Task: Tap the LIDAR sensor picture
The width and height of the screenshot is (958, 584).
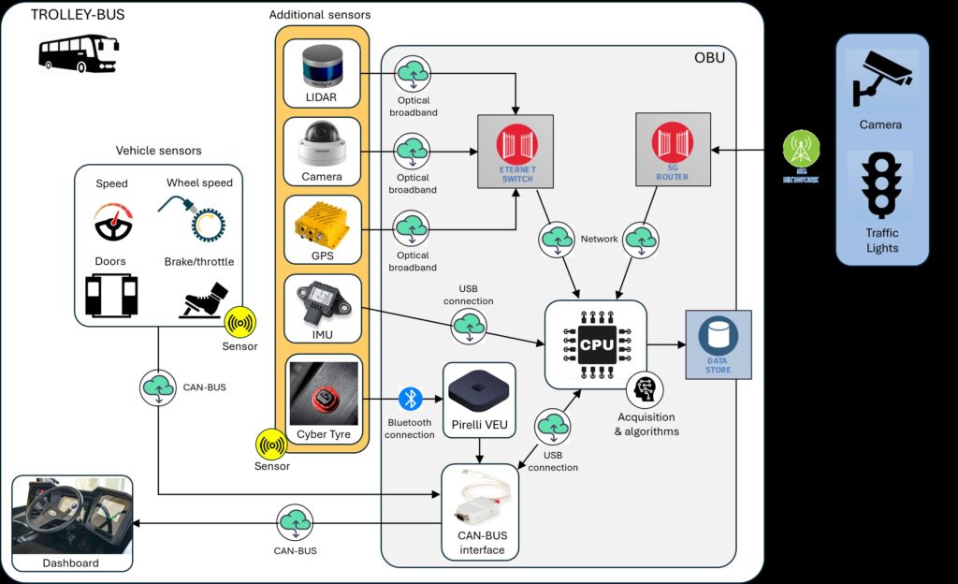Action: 323,66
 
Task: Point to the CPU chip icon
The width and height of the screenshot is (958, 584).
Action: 596,343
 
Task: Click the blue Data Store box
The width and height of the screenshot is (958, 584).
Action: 718,342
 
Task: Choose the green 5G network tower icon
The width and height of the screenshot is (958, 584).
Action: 802,148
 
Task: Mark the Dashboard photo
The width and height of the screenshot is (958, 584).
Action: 71,516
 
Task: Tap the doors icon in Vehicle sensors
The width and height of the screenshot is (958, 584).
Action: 111,295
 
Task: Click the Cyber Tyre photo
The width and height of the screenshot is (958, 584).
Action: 323,394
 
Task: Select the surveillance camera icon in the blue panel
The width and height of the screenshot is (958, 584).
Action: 880,80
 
